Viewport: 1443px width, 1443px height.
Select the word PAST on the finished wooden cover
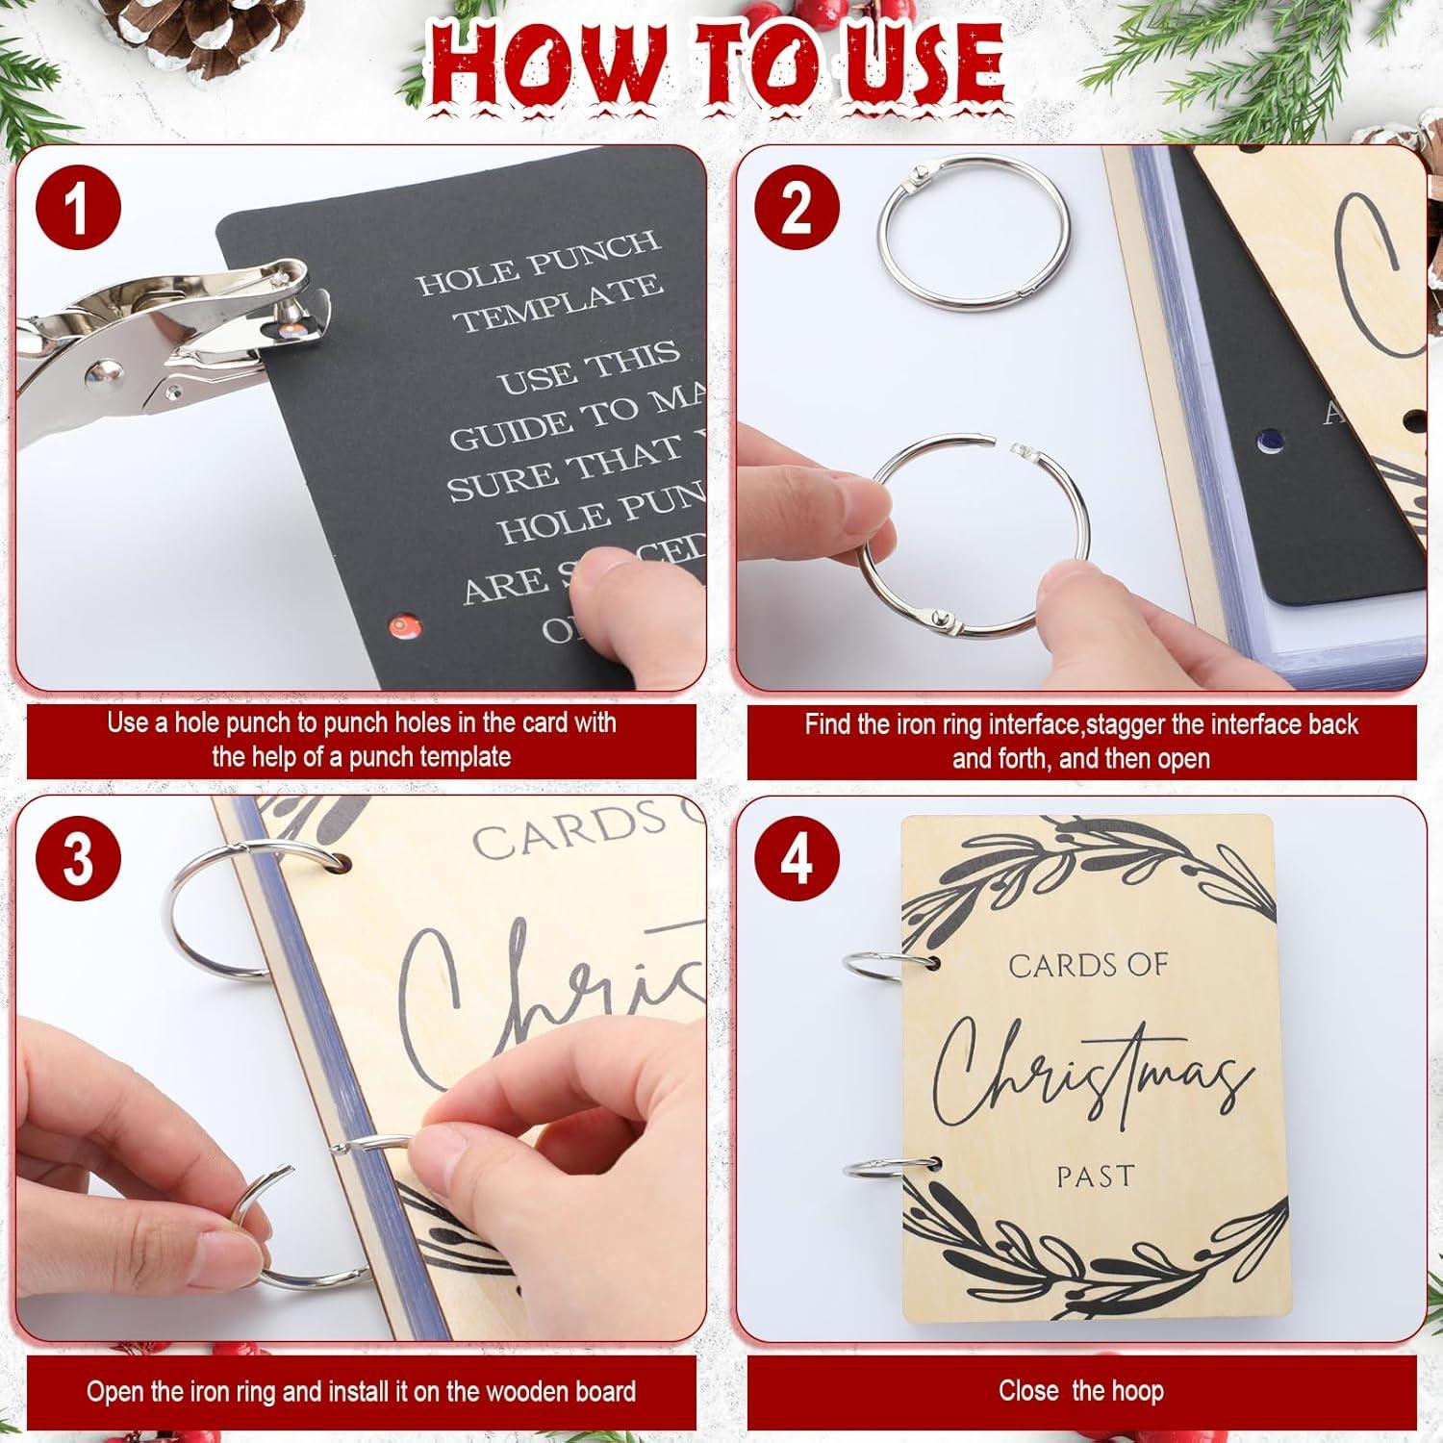click(x=1095, y=1176)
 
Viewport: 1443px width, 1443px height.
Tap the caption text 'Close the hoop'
click(x=1080, y=1391)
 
